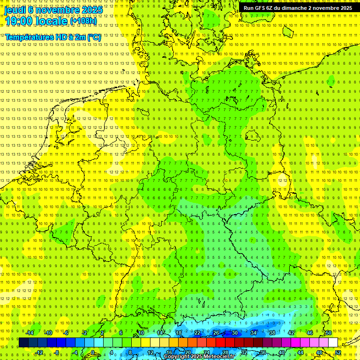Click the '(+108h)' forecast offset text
click(x=84, y=22)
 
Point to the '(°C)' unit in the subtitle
click(x=93, y=37)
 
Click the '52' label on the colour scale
click(x=337, y=352)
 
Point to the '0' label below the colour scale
click(x=93, y=352)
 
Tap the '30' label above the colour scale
click(x=234, y=333)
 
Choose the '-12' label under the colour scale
click(x=39, y=352)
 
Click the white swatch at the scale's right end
click(x=333, y=343)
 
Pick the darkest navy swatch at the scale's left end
click(x=23, y=343)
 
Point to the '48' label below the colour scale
click(x=319, y=352)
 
